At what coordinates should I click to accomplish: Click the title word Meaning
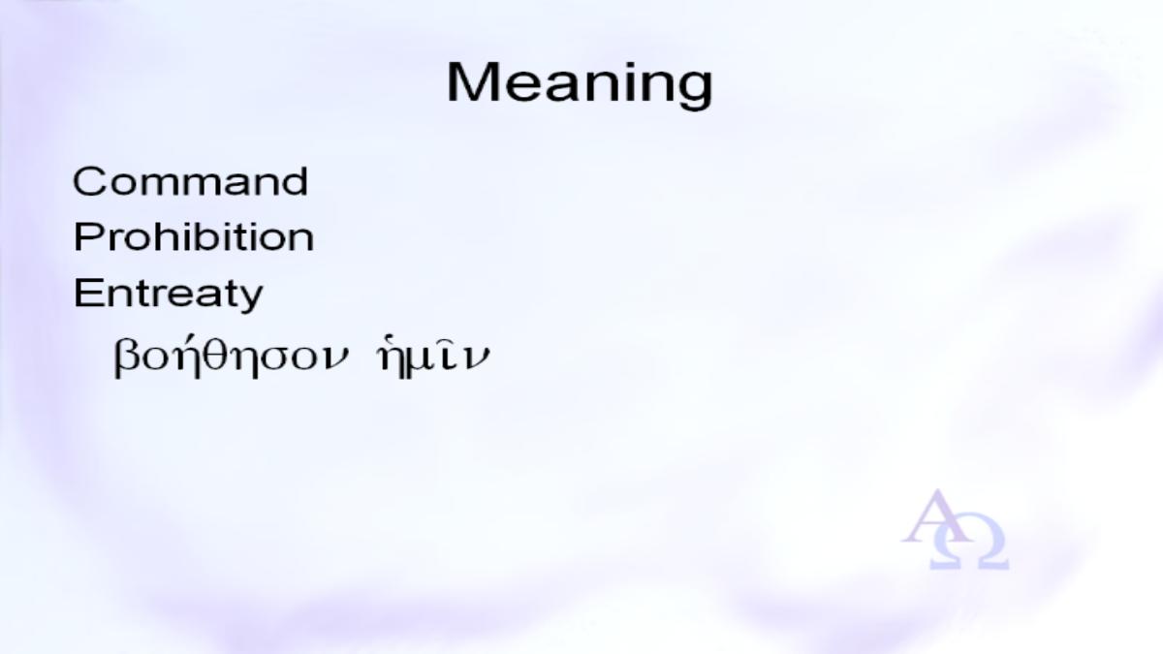pyautogui.click(x=580, y=85)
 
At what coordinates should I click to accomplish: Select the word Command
pyautogui.click(x=191, y=182)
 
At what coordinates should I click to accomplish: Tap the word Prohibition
pyautogui.click(x=194, y=237)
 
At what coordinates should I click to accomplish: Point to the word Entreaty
pyautogui.click(x=169, y=295)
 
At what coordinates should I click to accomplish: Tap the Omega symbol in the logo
pyautogui.click(x=969, y=548)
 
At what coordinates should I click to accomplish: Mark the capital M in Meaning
pyautogui.click(x=469, y=82)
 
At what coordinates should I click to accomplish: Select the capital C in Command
pyautogui.click(x=89, y=182)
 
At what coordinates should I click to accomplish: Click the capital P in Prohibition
pyautogui.click(x=87, y=237)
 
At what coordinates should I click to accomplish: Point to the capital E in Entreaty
pyautogui.click(x=86, y=293)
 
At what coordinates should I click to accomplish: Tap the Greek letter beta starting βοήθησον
pyautogui.click(x=126, y=359)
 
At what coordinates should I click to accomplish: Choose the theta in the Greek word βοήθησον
pyautogui.click(x=216, y=355)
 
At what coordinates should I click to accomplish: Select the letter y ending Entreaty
pyautogui.click(x=250, y=299)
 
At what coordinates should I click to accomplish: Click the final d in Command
pyautogui.click(x=295, y=182)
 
